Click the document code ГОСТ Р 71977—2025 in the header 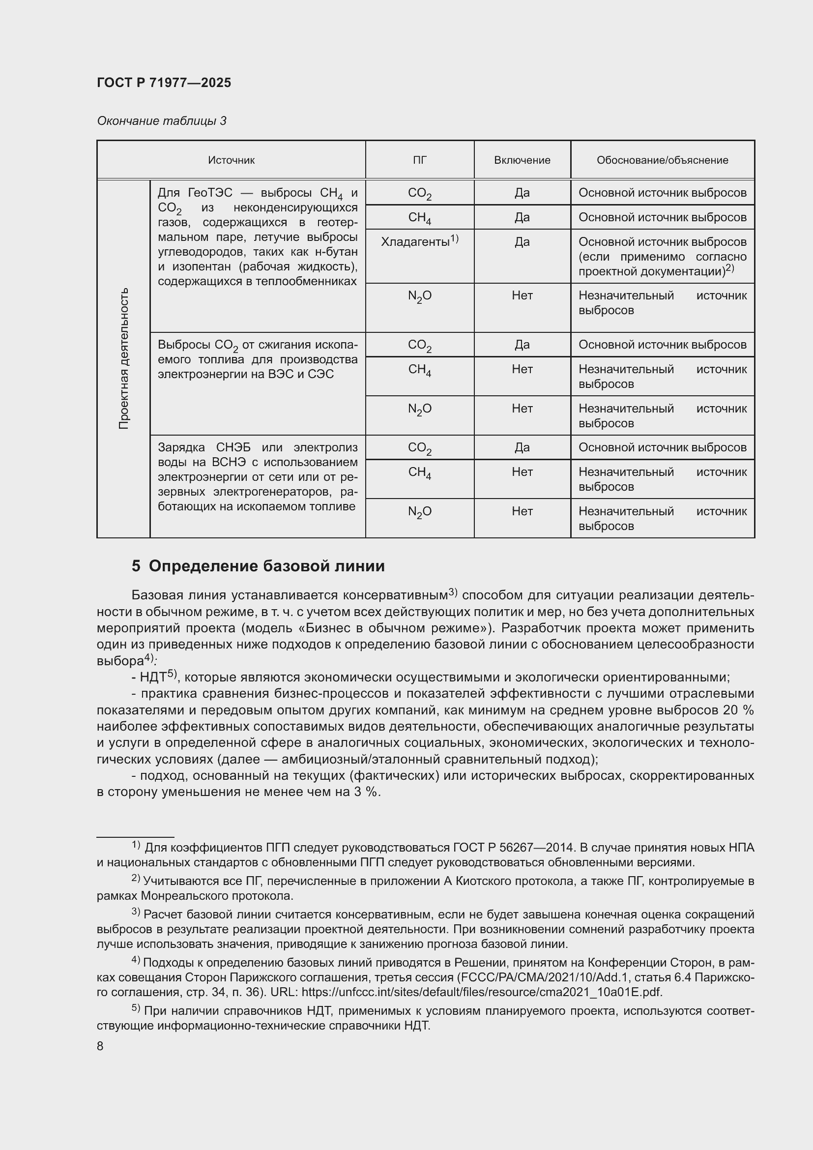[x=164, y=83]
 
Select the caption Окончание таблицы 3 [x=161, y=121]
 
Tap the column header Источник [x=232, y=160]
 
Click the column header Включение [x=522, y=160]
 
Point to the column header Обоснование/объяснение [x=662, y=160]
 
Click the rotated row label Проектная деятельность [x=124, y=358]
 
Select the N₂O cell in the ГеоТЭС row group [x=419, y=296]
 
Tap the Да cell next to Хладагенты [x=522, y=242]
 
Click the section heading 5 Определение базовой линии [x=259, y=566]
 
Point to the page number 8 [x=100, y=1046]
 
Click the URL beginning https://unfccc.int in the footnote [x=482, y=992]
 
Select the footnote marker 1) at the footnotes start [x=136, y=846]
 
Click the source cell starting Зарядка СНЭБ [x=257, y=476]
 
